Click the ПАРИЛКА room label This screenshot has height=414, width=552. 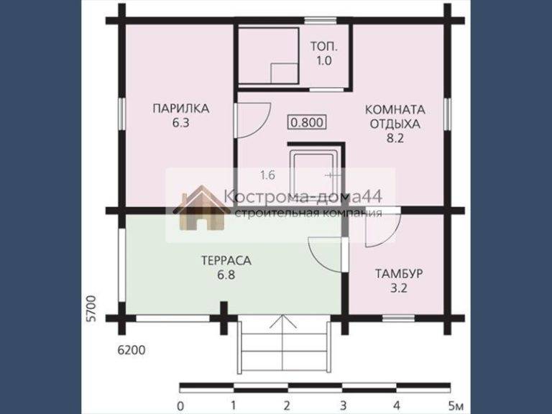181,109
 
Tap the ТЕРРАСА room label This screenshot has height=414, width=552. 226,261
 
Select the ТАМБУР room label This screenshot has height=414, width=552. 399,274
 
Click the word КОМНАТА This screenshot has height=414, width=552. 395,109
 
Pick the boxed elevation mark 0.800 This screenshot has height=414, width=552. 308,122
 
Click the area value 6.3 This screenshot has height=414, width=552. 181,123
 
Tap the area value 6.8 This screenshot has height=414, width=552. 226,275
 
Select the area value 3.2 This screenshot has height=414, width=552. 399,288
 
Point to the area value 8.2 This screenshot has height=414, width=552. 395,138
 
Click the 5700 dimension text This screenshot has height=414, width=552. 91,308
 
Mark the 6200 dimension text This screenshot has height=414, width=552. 131,350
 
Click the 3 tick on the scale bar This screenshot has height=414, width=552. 343,405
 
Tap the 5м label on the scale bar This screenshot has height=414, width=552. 456,406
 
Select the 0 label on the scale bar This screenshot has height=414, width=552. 180,406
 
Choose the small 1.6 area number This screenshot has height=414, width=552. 267,175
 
